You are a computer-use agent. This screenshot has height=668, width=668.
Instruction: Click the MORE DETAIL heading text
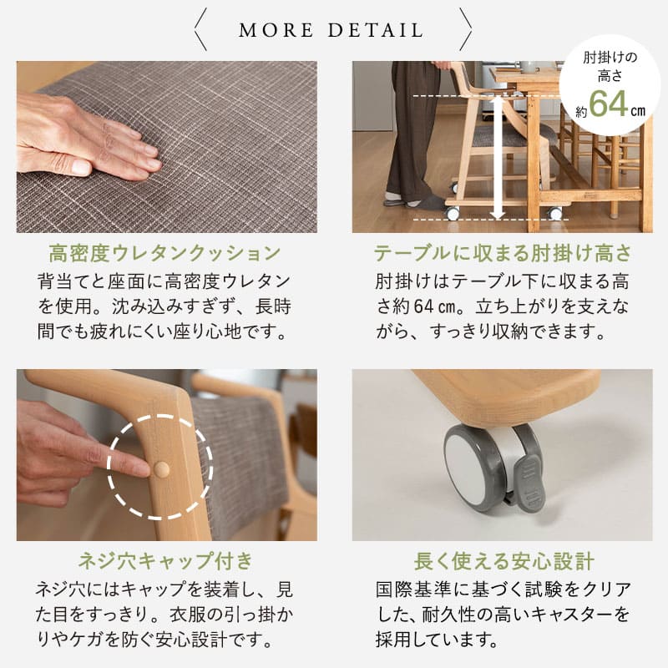pyautogui.click(x=331, y=31)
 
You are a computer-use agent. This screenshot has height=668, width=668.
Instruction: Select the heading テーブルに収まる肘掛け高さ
pyautogui.click(x=502, y=253)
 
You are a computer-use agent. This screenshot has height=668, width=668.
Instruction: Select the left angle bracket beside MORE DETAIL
pyautogui.click(x=201, y=30)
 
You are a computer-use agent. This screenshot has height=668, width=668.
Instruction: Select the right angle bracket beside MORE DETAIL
pyautogui.click(x=465, y=30)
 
